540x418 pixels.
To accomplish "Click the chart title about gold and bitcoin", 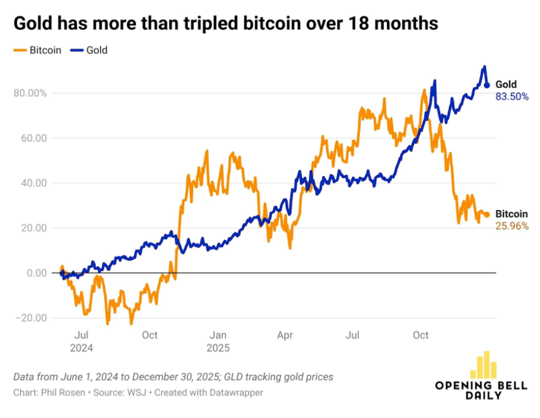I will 225,23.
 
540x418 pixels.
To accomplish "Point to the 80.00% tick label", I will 31,93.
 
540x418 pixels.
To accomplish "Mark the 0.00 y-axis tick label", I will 36,273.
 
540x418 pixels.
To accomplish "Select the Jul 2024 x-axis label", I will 82,341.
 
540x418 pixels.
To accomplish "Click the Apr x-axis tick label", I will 285,335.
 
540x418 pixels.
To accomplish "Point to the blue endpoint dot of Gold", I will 487,85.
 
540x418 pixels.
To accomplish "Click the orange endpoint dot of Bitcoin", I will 487,215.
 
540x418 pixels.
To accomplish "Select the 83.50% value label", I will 512,96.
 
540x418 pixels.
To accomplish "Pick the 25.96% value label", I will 512,226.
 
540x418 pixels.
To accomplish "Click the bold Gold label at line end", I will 506,85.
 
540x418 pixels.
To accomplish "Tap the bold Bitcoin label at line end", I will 511,214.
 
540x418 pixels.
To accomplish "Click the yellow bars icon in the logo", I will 484,365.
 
